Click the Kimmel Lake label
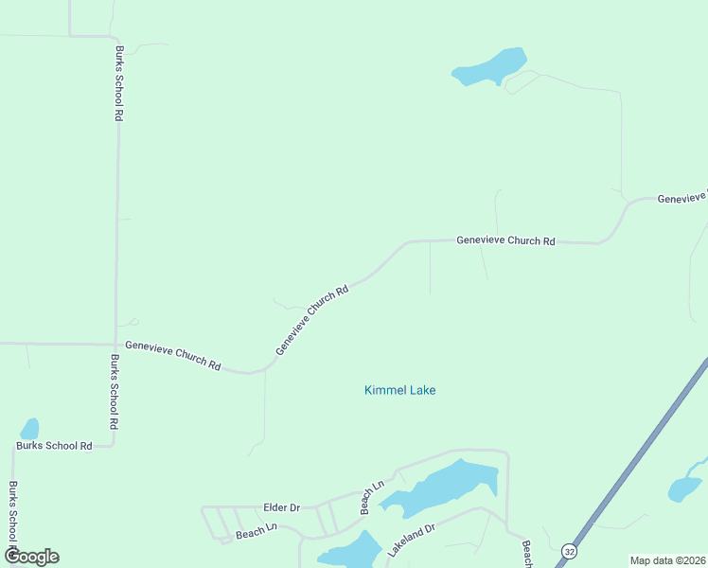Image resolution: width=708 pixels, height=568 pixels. click(x=399, y=390)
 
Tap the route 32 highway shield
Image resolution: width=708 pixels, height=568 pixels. click(x=568, y=550)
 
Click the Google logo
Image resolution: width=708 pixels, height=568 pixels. click(x=31, y=557)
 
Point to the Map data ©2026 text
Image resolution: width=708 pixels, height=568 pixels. click(x=666, y=560)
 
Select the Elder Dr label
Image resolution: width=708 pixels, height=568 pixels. click(x=281, y=508)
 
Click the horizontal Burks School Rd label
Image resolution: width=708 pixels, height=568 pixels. click(x=54, y=445)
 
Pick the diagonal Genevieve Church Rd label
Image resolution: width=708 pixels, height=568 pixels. click(x=312, y=320)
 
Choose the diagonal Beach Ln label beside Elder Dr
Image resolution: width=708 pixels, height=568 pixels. click(x=372, y=498)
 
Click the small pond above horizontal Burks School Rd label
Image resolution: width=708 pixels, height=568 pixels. click(x=29, y=429)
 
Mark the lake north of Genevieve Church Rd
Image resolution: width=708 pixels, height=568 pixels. click(x=490, y=67)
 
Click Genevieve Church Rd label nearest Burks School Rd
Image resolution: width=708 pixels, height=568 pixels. click(x=172, y=355)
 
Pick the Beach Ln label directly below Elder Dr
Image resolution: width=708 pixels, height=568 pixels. click(x=256, y=532)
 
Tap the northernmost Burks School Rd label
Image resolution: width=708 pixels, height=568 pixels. click(x=119, y=82)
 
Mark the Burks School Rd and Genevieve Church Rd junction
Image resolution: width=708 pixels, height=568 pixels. click(x=115, y=344)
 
